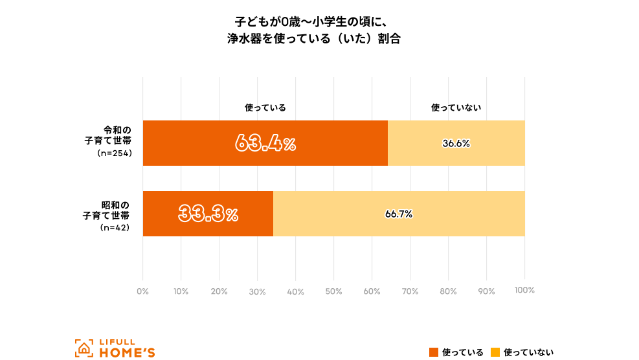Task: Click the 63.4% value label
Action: (265, 143)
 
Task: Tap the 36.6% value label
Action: (456, 144)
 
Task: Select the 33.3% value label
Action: (208, 214)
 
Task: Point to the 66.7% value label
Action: (399, 214)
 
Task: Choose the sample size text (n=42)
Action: (115, 228)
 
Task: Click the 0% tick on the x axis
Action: (142, 291)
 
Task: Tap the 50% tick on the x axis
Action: (333, 291)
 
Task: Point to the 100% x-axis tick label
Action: (524, 291)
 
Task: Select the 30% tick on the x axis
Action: (257, 291)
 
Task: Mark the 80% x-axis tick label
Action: (448, 291)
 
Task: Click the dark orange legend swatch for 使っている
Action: (434, 352)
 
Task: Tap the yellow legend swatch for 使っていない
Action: (495, 352)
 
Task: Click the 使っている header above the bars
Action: (265, 107)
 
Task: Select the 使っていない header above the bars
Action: (456, 107)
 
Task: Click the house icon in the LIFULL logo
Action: (83, 348)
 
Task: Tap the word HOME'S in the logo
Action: (127, 353)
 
